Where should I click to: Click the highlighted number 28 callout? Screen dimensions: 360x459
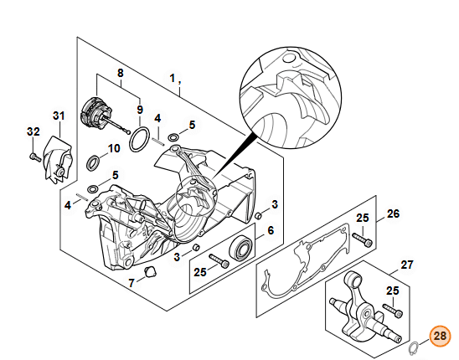pyautogui.click(x=440, y=337)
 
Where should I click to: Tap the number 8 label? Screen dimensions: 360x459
pyautogui.click(x=120, y=73)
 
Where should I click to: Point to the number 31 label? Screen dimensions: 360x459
pyautogui.click(x=59, y=116)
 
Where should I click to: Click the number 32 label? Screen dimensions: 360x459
pyautogui.click(x=33, y=131)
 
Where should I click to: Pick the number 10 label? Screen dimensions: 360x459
pyautogui.click(x=115, y=148)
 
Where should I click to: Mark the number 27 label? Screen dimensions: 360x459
pyautogui.click(x=407, y=265)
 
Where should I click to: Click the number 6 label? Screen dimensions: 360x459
pyautogui.click(x=271, y=230)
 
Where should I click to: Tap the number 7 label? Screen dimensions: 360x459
pyautogui.click(x=132, y=283)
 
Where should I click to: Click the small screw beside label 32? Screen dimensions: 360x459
pyautogui.click(x=34, y=156)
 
